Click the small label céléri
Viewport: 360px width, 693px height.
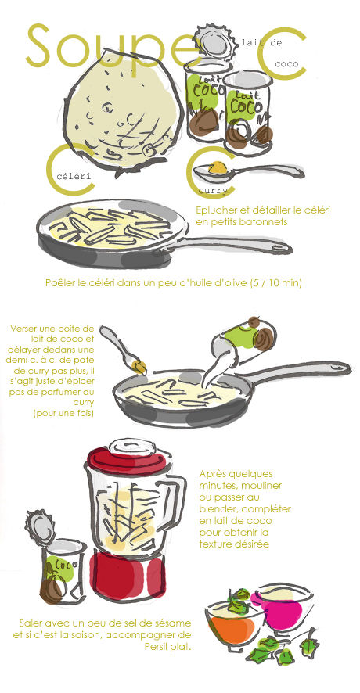pyautogui.click(x=74, y=176)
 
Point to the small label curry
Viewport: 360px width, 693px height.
pyautogui.click(x=213, y=191)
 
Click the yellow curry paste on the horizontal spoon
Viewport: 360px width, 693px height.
pyautogui.click(x=218, y=168)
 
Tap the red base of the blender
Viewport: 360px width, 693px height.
pyautogui.click(x=128, y=576)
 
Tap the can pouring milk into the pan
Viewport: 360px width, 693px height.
pyautogui.click(x=247, y=338)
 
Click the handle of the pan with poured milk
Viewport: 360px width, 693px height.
pyautogui.click(x=301, y=372)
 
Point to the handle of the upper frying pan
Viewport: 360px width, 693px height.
pyautogui.click(x=230, y=246)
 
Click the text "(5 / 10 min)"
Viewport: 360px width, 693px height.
pyautogui.click(x=276, y=283)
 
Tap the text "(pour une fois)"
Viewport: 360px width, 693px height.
pyautogui.click(x=63, y=413)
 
